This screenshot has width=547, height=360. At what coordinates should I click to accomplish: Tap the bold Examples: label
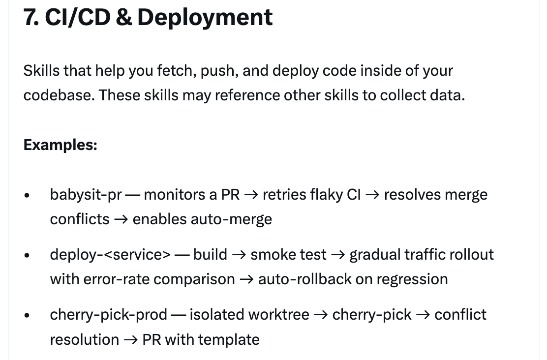60,145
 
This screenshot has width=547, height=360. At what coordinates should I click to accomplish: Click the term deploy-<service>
110,255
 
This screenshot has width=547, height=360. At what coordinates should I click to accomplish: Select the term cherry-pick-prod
108,315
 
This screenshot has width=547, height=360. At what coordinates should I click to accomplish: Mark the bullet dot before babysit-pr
27,196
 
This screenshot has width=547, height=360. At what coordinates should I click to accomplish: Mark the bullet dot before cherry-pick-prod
27,316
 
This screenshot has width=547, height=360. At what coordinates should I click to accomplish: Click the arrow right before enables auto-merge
121,219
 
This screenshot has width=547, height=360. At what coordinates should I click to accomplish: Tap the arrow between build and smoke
239,255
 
